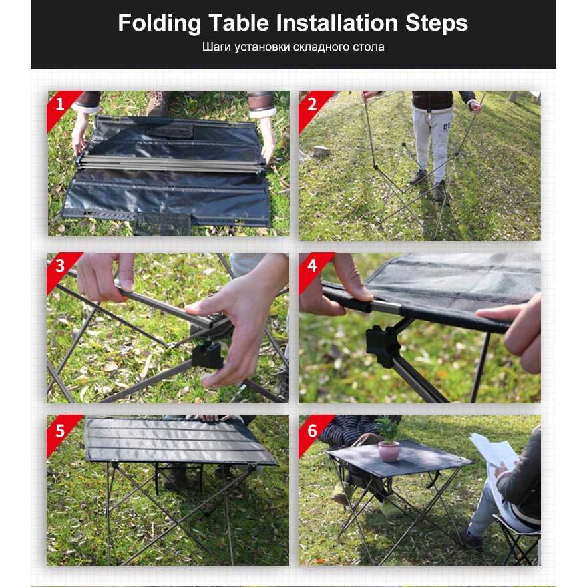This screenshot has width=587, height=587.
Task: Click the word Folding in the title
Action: [x=160, y=23]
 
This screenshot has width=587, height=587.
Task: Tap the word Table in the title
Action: [x=238, y=23]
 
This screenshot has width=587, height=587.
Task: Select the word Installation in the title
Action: [x=337, y=23]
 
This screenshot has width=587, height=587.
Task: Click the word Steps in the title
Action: [x=437, y=23]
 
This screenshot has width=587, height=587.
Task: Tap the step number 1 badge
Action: [x=60, y=105]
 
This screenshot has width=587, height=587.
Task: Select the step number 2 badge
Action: [x=312, y=105]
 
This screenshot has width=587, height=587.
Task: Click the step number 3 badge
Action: [x=60, y=266]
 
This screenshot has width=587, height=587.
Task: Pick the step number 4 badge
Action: [x=312, y=266]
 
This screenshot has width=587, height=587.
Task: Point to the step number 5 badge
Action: [x=60, y=431]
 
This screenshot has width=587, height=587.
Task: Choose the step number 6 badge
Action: [x=312, y=431]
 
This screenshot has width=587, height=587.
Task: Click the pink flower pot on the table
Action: [x=389, y=451]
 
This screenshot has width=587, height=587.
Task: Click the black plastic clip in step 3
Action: [x=208, y=355]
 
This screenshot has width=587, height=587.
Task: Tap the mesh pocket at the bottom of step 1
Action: [x=162, y=224]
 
